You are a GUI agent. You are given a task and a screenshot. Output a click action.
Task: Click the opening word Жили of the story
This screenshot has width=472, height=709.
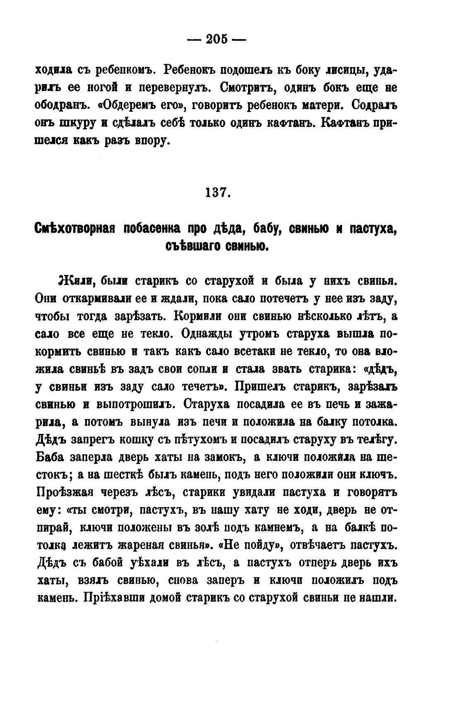point(77,281)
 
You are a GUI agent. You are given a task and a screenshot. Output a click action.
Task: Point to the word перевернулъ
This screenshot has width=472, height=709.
point(174,87)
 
